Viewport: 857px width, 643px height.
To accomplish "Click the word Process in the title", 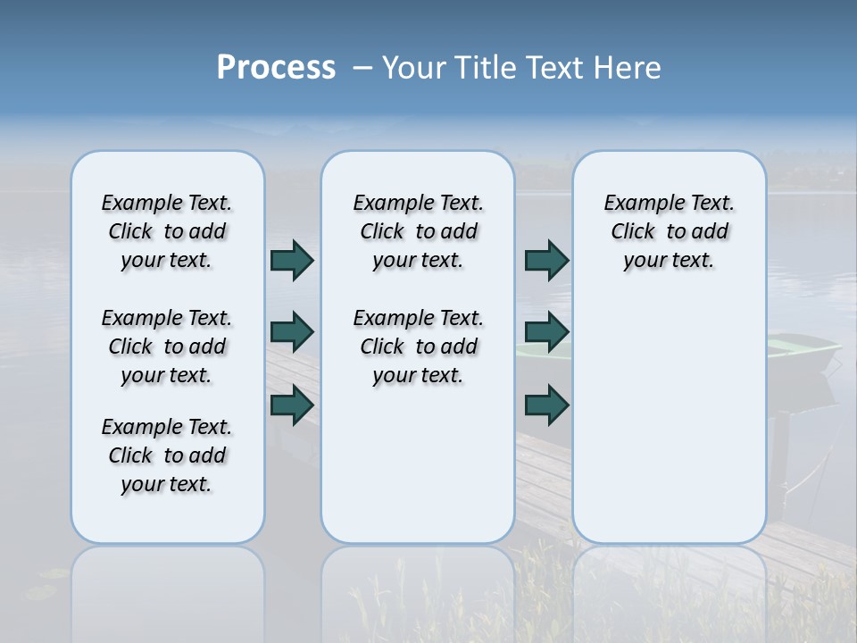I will click(x=276, y=67).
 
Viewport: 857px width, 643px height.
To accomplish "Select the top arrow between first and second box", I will click(x=292, y=260).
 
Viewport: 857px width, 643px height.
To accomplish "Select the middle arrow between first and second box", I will click(x=292, y=332).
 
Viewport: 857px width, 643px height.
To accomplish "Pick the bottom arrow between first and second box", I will click(x=292, y=405).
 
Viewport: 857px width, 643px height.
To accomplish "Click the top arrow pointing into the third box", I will click(x=546, y=260).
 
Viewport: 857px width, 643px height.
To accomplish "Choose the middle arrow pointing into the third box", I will click(x=546, y=332).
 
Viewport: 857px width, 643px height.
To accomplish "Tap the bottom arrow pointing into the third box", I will click(x=546, y=405).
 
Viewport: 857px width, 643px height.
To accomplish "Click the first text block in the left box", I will click(x=167, y=231).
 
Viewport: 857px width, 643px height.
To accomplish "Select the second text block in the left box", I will click(x=167, y=347).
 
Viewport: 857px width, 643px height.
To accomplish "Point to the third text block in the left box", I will click(x=167, y=455).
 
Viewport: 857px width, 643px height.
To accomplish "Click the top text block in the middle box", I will click(x=418, y=231).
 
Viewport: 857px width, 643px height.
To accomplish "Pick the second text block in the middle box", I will click(x=418, y=347).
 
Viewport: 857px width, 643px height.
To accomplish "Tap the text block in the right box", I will click(x=670, y=231).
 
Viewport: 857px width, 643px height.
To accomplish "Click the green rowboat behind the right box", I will click(x=803, y=353).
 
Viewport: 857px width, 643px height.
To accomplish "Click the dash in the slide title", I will click(x=362, y=67).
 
